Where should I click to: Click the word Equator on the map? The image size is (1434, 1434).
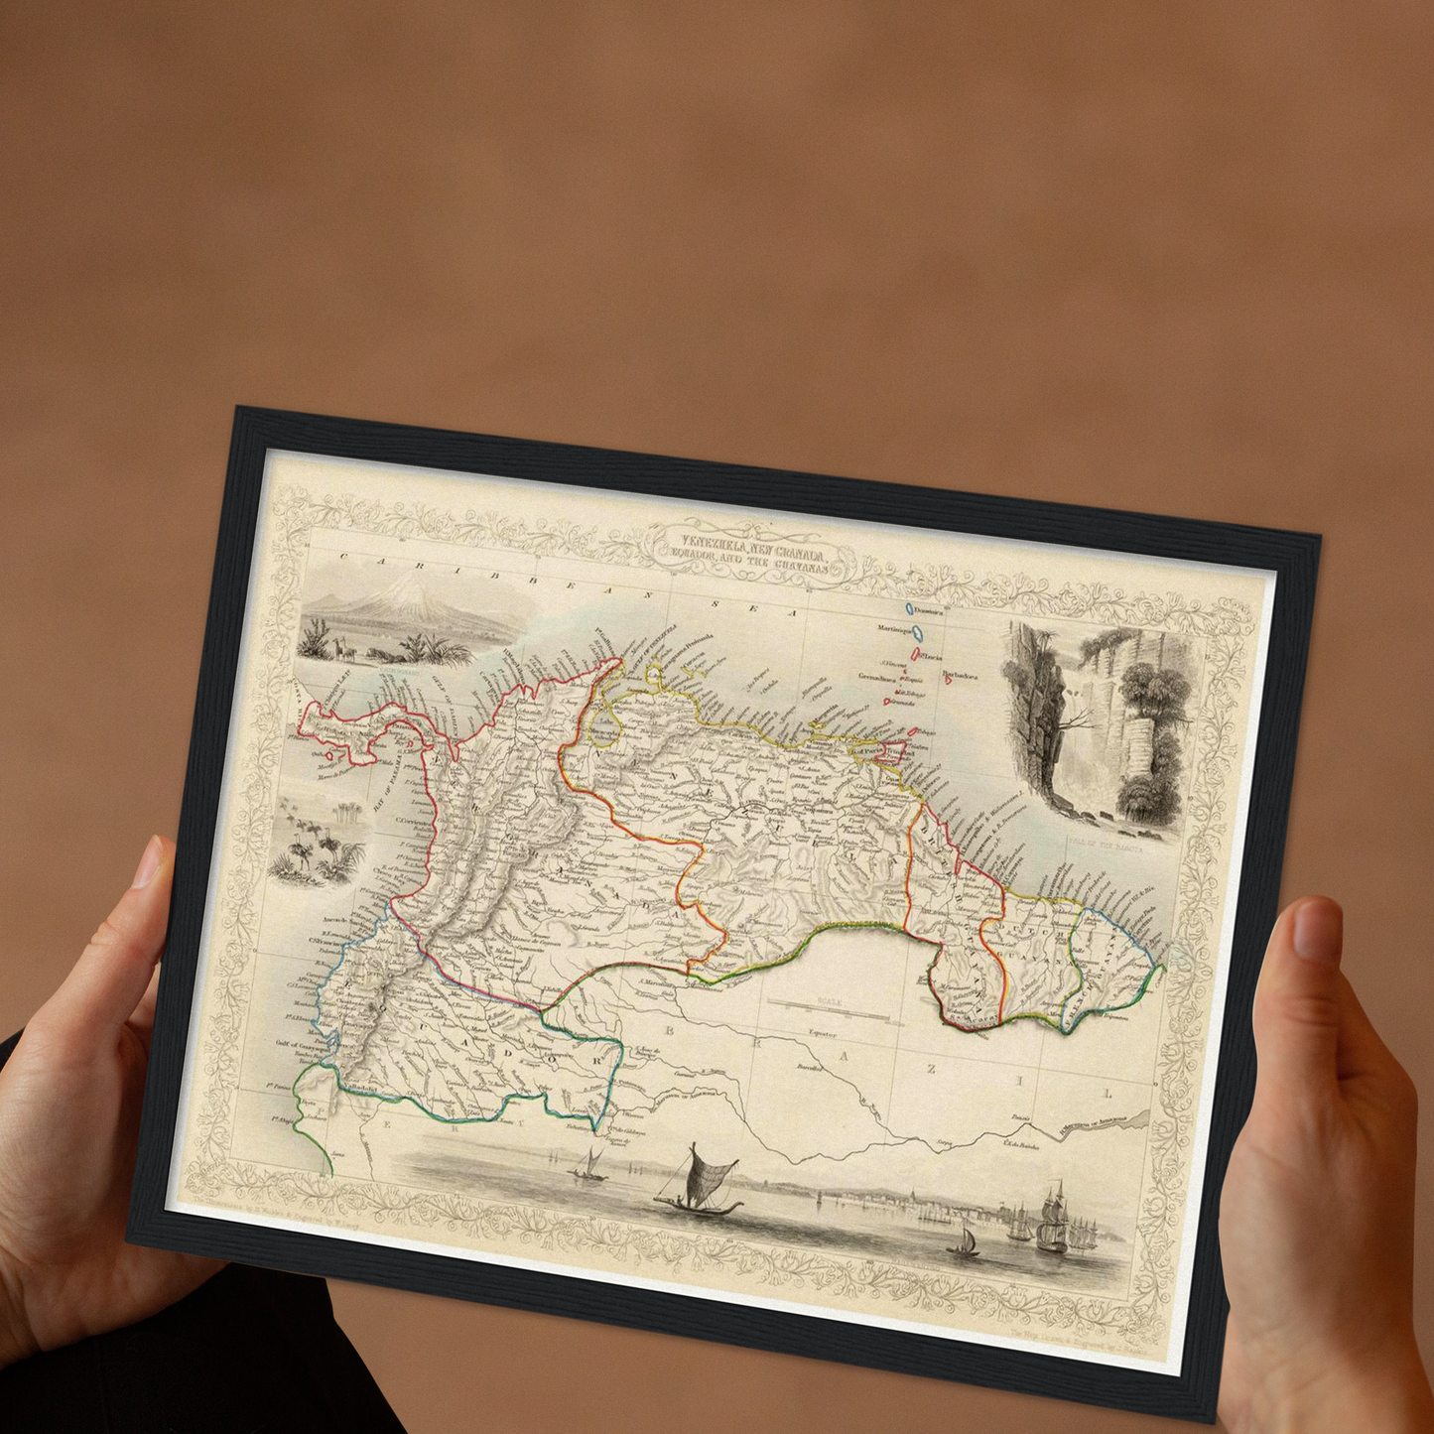823,1033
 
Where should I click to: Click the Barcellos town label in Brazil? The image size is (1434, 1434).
811,1069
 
